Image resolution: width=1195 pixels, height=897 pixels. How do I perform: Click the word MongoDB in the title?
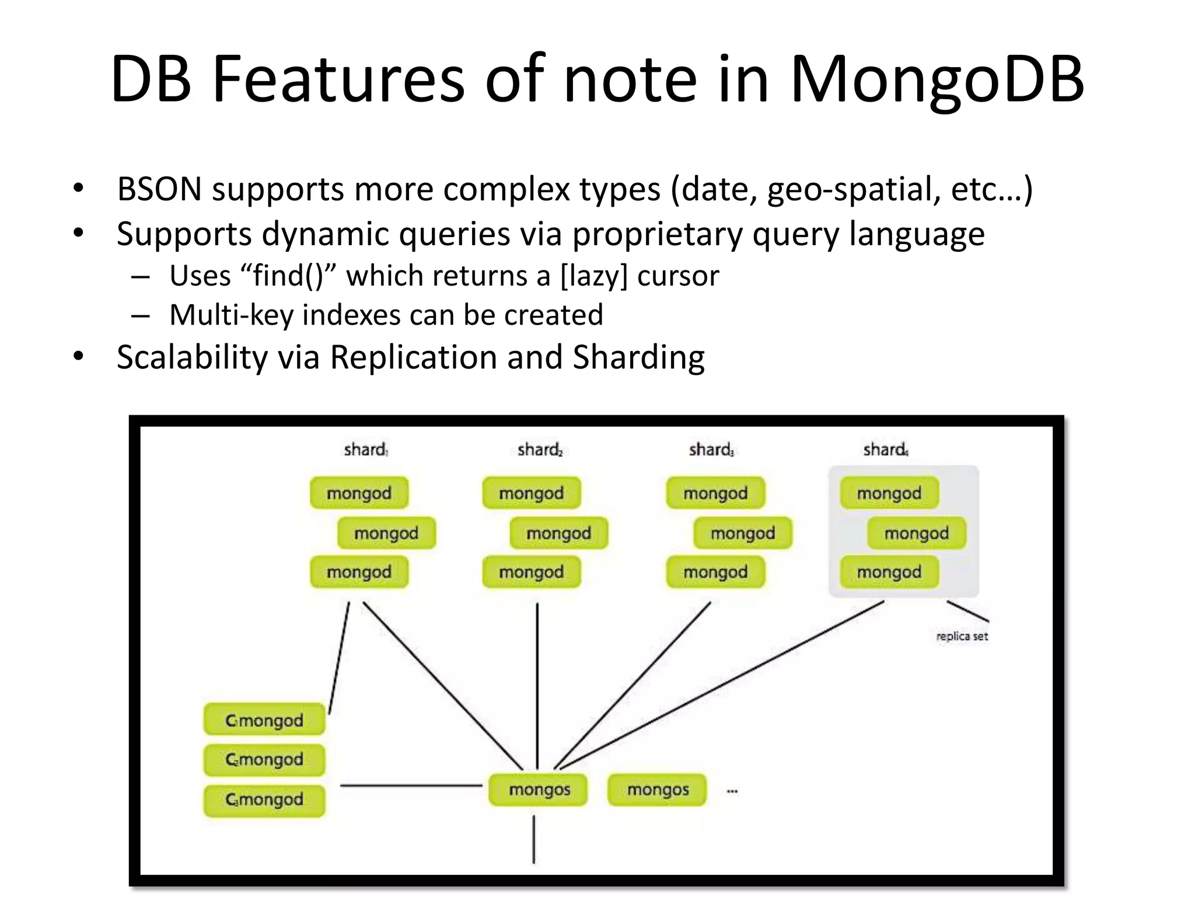pos(936,81)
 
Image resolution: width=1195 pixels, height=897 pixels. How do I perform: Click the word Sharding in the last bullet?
pos(638,357)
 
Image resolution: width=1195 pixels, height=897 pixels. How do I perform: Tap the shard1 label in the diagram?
pos(365,450)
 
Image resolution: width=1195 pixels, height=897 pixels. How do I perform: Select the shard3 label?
pos(711,450)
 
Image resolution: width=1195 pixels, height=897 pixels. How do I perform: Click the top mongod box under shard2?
pos(531,493)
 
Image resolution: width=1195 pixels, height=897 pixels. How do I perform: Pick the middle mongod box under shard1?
pos(386,533)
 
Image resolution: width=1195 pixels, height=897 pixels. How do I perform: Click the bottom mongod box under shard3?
pos(715,572)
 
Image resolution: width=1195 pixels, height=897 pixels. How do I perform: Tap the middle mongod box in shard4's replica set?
pos(916,533)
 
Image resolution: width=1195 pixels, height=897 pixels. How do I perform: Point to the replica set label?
pos(962,637)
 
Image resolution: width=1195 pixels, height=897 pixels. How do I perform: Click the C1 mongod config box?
pos(264,720)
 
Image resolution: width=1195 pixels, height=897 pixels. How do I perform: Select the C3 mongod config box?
pos(264,799)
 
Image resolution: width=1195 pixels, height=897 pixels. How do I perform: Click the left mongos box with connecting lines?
pos(539,790)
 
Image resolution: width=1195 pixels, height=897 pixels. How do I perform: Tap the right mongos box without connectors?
pos(658,790)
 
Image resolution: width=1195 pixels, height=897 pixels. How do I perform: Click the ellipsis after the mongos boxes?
pos(732,791)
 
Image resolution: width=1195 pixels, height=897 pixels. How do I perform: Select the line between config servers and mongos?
pos(411,786)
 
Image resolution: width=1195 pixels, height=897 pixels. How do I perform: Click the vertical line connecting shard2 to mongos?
pos(537,683)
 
